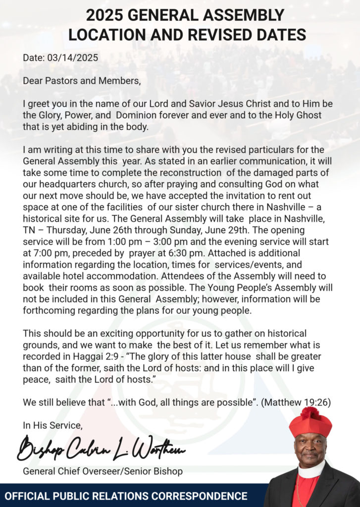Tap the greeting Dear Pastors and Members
pos(82,81)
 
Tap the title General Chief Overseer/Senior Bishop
pos(103,471)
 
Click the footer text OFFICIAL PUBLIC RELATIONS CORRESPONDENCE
pos(126,496)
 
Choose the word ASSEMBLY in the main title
pos(241,15)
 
